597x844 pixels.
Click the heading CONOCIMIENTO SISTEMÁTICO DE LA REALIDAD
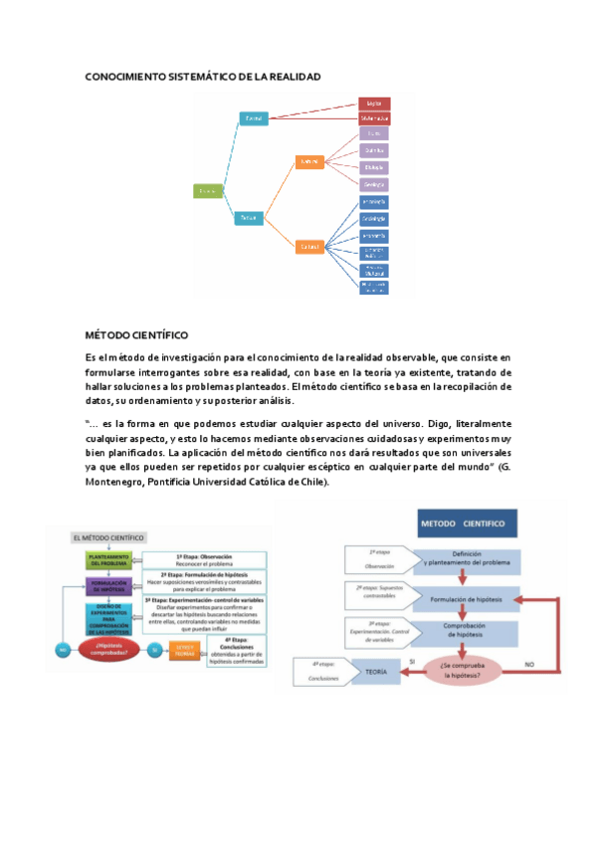(x=202, y=77)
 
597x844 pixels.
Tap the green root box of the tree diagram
(x=208, y=189)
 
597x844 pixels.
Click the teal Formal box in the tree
(x=254, y=119)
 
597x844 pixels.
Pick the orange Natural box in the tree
(x=310, y=160)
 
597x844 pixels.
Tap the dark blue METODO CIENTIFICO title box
(x=462, y=524)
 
